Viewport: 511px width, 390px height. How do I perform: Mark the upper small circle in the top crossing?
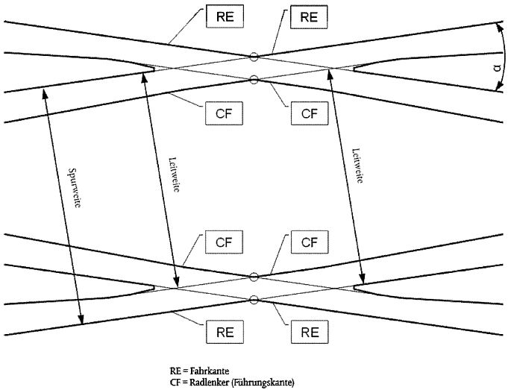(254, 56)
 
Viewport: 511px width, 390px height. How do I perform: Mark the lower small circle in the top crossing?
(254, 79)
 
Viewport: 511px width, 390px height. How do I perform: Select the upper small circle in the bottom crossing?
(254, 277)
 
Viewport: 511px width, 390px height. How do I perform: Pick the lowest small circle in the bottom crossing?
(254, 300)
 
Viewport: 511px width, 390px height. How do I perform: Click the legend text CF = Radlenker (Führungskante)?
(232, 383)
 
